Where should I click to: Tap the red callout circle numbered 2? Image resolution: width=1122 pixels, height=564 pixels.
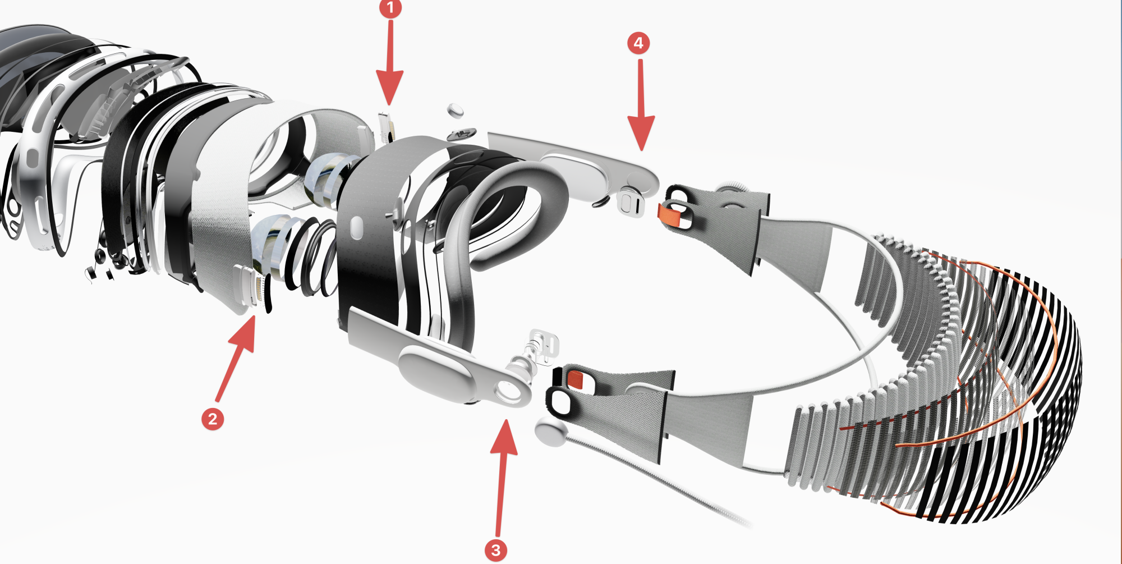click(213, 419)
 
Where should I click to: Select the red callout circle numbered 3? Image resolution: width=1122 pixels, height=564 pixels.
click(496, 550)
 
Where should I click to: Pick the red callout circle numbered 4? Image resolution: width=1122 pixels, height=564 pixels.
click(638, 43)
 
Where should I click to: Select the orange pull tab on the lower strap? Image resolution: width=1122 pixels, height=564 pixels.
click(575, 380)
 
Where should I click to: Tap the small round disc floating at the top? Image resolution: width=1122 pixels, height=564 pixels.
click(457, 110)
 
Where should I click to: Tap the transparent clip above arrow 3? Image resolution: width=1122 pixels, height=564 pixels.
click(541, 345)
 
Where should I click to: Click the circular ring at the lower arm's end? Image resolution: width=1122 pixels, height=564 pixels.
click(508, 391)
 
